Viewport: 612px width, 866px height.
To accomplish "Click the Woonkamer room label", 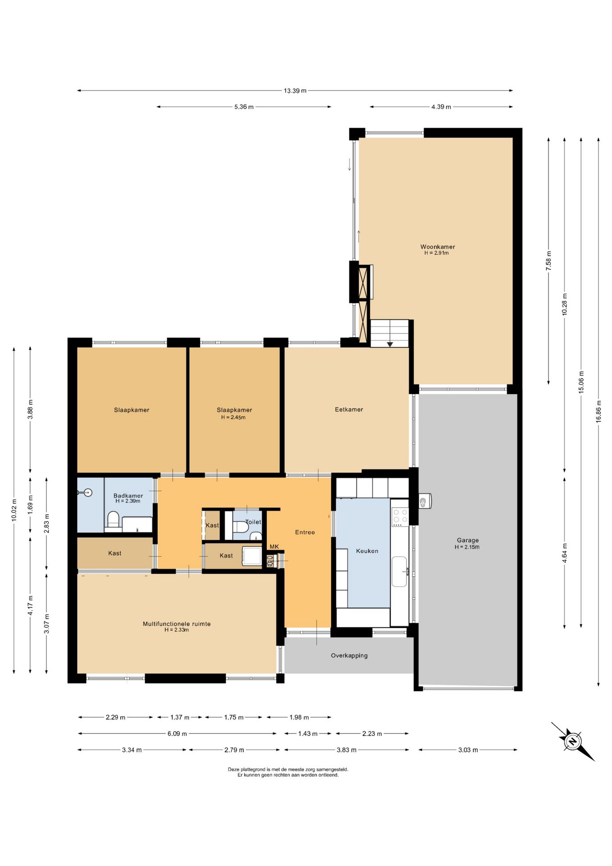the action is point(438,247).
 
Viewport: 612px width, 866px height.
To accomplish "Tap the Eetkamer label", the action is point(349,410).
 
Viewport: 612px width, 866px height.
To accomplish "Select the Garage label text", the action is point(468,540).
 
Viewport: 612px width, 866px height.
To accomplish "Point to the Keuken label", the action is point(367,551).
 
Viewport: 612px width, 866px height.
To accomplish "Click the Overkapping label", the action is point(349,655).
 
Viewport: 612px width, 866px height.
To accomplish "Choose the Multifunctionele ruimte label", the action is point(177,624).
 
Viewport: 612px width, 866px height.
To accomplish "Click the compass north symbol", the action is point(573,741).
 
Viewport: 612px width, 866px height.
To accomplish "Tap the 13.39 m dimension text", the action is point(295,91).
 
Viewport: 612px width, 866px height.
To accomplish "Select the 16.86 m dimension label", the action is point(598,411).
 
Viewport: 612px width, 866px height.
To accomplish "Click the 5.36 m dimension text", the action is point(244,107).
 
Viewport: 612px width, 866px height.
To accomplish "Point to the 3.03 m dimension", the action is point(468,750).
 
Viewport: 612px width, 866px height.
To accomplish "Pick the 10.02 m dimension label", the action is point(14,510).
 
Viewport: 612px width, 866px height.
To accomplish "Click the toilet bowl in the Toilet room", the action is point(240,526).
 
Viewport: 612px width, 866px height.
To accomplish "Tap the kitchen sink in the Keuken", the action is point(399,571).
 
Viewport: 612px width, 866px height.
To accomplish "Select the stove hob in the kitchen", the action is point(400,517).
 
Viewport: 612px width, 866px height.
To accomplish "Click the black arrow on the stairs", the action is point(390,344).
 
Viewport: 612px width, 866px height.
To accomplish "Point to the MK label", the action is point(274,547).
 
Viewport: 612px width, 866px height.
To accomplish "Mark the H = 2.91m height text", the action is point(436,253).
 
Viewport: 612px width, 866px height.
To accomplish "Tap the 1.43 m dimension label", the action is point(308,733).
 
